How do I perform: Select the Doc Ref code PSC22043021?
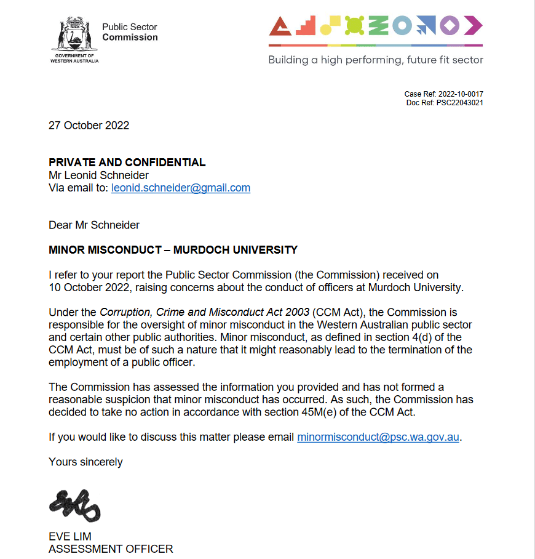[x=460, y=103]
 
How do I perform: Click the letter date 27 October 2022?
[x=89, y=126]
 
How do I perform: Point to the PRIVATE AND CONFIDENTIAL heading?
[x=127, y=163]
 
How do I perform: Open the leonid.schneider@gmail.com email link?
[x=181, y=188]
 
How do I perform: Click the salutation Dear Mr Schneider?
[x=94, y=225]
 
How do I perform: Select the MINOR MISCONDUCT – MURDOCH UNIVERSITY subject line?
[x=173, y=250]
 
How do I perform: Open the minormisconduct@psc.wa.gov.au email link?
[x=378, y=438]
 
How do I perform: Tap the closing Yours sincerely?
[x=85, y=462]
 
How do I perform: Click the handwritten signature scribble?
[x=74, y=504]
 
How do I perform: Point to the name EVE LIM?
[x=70, y=537]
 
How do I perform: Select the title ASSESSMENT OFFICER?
[x=111, y=549]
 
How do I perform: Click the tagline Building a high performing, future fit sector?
[x=376, y=60]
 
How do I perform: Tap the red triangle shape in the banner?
[x=280, y=26]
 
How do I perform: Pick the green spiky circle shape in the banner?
[x=354, y=25]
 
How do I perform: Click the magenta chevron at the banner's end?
[x=474, y=26]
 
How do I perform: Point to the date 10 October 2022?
[x=86, y=288]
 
